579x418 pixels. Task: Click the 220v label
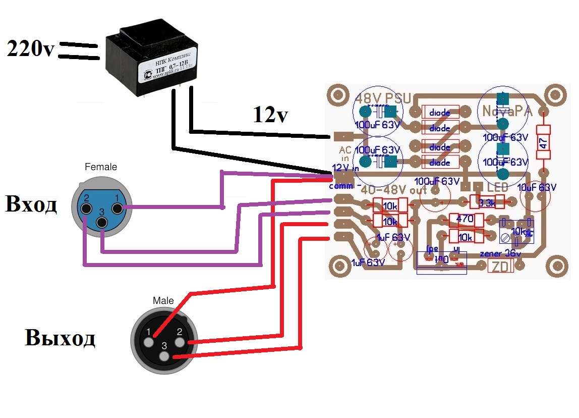coord(30,49)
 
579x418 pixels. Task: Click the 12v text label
coord(270,116)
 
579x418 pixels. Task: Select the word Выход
coord(60,338)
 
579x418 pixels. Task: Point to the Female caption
coord(100,167)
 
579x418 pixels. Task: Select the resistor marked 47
coord(543,143)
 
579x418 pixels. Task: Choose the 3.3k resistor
coord(487,202)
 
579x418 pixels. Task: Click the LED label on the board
coord(497,187)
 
